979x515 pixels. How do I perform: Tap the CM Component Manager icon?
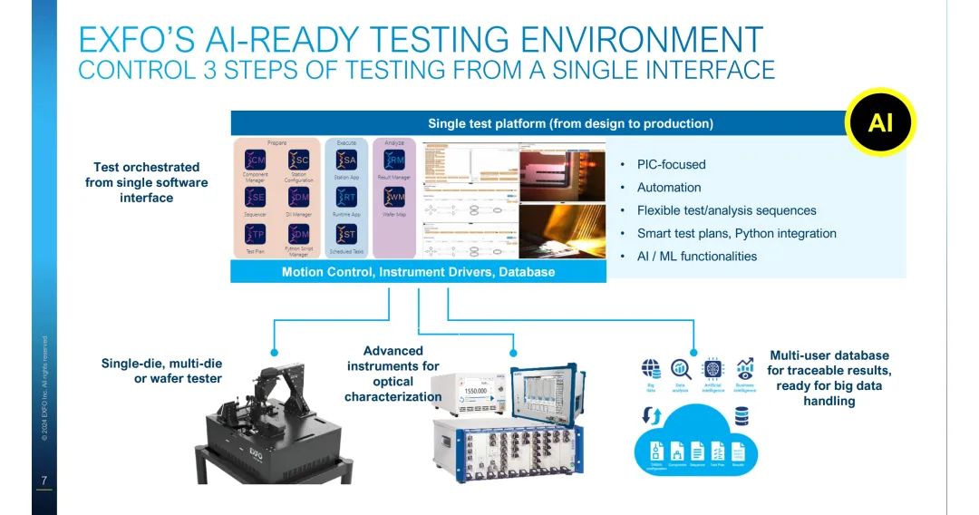[256, 160]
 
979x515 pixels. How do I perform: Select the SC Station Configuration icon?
[298, 160]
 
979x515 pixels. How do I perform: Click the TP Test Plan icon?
[256, 235]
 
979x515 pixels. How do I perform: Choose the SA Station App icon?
[346, 160]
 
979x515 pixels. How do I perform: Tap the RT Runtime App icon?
[346, 198]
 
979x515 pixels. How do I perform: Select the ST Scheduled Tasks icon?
[346, 235]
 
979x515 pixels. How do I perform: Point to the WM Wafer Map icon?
[394, 198]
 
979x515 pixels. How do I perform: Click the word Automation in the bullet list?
[669, 188]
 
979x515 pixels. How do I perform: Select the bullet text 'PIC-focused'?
[671, 164]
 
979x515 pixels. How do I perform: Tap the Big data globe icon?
[651, 368]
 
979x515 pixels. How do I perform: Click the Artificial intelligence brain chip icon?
[712, 368]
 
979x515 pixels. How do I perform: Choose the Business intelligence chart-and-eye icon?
[745, 368]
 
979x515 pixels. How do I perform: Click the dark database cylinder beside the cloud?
[742, 415]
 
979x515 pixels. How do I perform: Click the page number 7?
[44, 480]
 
